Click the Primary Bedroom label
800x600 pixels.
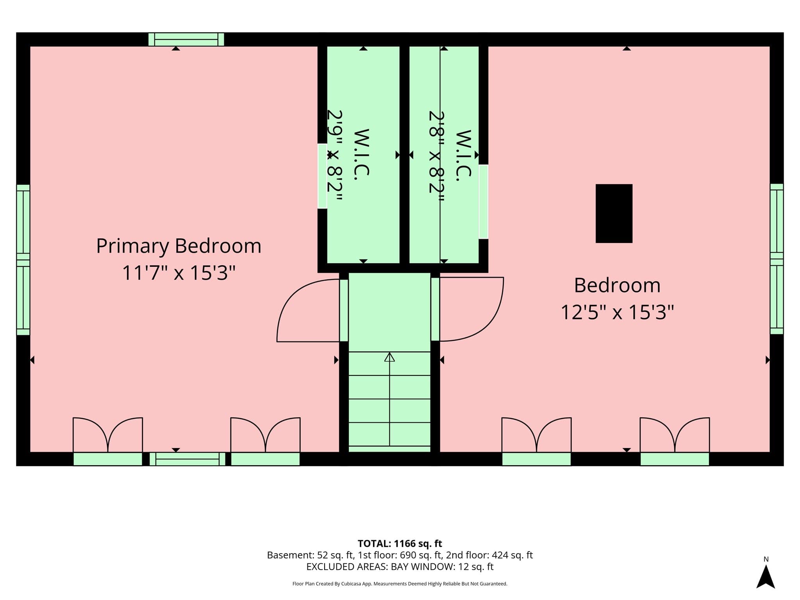[179, 246]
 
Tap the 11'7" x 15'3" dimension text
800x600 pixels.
[179, 273]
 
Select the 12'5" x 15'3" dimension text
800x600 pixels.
[617, 312]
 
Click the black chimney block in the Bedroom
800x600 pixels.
[614, 213]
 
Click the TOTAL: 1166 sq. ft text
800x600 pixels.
[400, 543]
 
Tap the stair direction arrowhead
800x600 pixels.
[389, 357]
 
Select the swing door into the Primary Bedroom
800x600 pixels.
[309, 311]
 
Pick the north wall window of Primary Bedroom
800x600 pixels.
[186, 39]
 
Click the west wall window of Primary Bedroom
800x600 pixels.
[23, 260]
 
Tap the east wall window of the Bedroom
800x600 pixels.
[777, 259]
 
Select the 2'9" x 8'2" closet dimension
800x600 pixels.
[335, 155]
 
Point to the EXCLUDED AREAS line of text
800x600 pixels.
[400, 567]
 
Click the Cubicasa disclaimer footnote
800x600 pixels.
[400, 584]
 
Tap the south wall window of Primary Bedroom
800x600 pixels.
[187, 459]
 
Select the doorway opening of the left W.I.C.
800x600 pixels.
[322, 176]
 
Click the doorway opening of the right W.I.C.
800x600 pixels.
[483, 202]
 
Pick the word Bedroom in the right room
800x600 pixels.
[617, 285]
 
